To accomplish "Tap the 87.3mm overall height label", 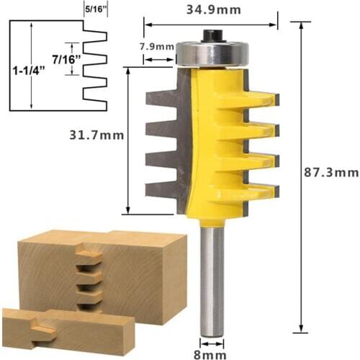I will click(329, 173).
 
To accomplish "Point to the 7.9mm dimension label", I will click(158, 47).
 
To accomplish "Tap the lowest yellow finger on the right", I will click(259, 191).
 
